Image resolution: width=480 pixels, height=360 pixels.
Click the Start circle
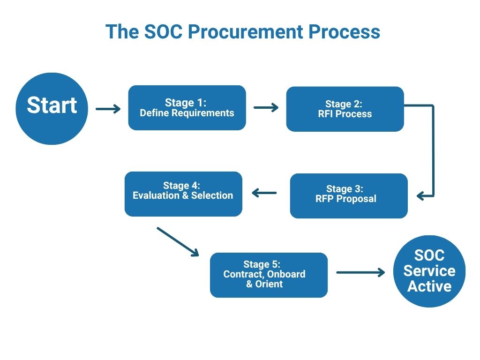click(x=52, y=109)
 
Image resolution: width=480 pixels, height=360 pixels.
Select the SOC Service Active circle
click(x=429, y=271)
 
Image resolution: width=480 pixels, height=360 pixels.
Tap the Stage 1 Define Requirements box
click(x=187, y=108)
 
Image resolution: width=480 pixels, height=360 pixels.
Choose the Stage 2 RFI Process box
click(x=345, y=109)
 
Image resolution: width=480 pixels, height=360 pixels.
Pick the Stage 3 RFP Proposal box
click(x=349, y=196)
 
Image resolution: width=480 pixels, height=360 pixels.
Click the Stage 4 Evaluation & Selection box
click(x=183, y=194)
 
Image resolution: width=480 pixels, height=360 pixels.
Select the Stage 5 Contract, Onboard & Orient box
click(x=269, y=275)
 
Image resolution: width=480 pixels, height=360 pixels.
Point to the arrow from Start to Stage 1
click(x=108, y=109)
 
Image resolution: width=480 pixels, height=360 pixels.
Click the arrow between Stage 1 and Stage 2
click(x=266, y=107)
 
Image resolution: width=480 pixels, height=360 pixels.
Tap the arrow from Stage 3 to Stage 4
click(x=264, y=193)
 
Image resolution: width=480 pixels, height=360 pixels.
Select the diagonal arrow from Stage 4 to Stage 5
click(x=178, y=241)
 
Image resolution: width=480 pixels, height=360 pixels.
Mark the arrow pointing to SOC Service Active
click(x=360, y=272)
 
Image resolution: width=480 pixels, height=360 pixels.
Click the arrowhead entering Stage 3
click(x=420, y=196)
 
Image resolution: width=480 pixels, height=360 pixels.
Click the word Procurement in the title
click(x=246, y=31)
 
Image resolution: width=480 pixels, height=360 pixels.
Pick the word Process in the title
click(x=344, y=31)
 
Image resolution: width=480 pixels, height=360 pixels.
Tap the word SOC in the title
click(x=163, y=31)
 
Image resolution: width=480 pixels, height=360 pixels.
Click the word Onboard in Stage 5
click(x=286, y=274)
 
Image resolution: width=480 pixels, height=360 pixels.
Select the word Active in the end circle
click(x=429, y=286)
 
